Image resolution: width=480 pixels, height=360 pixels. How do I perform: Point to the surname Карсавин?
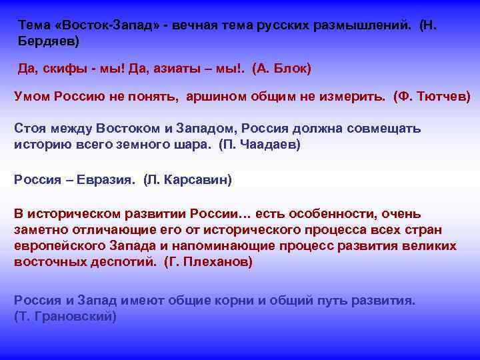point(201,179)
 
